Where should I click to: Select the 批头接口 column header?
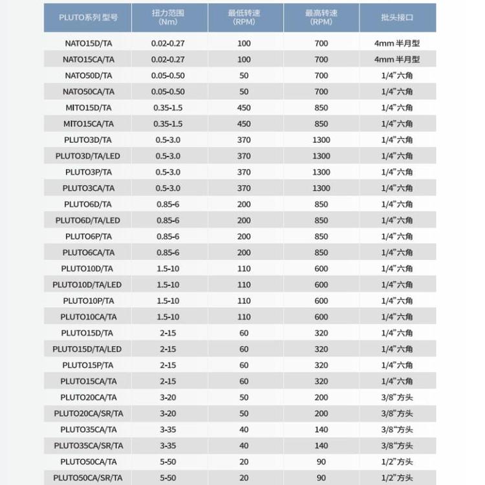point(397,17)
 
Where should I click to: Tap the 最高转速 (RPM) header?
point(321,17)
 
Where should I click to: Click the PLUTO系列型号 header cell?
point(88,17)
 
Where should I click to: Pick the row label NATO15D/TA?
point(88,43)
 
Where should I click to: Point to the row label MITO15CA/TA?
point(88,124)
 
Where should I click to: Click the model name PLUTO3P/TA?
point(88,172)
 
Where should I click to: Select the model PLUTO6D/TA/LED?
point(88,221)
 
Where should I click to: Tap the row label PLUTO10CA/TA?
point(88,317)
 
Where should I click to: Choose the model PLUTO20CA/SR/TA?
point(88,414)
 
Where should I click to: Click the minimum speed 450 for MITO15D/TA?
point(244,108)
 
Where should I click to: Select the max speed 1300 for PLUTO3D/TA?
point(321,140)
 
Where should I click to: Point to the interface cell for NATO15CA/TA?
point(397,59)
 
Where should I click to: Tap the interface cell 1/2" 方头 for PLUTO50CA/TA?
point(397,462)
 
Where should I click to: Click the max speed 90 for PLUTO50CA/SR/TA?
point(321,478)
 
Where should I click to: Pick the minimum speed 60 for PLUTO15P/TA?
point(244,365)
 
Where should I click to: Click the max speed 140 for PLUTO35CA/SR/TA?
point(321,446)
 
